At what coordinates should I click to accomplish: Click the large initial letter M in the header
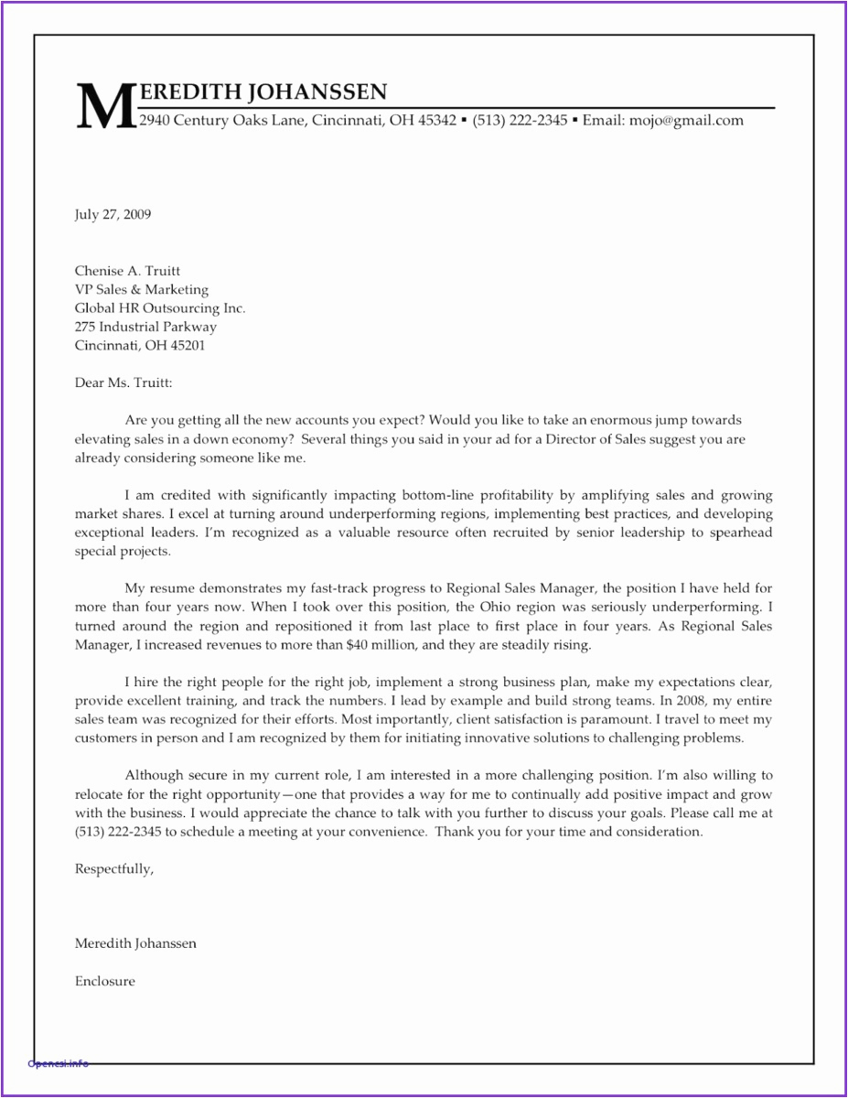tap(104, 106)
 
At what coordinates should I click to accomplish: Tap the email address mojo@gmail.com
tap(686, 120)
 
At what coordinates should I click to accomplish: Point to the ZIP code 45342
tap(436, 120)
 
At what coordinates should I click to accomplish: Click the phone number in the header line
tap(520, 120)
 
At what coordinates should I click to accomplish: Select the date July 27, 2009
tap(113, 215)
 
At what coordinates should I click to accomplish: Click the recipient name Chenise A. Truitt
tap(127, 271)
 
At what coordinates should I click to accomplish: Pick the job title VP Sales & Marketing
tap(141, 290)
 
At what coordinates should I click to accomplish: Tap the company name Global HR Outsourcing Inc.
tap(159, 308)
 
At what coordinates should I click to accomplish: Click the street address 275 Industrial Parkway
tap(145, 327)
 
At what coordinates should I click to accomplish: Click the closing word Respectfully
tap(113, 869)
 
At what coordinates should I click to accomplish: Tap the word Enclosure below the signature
tap(104, 981)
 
